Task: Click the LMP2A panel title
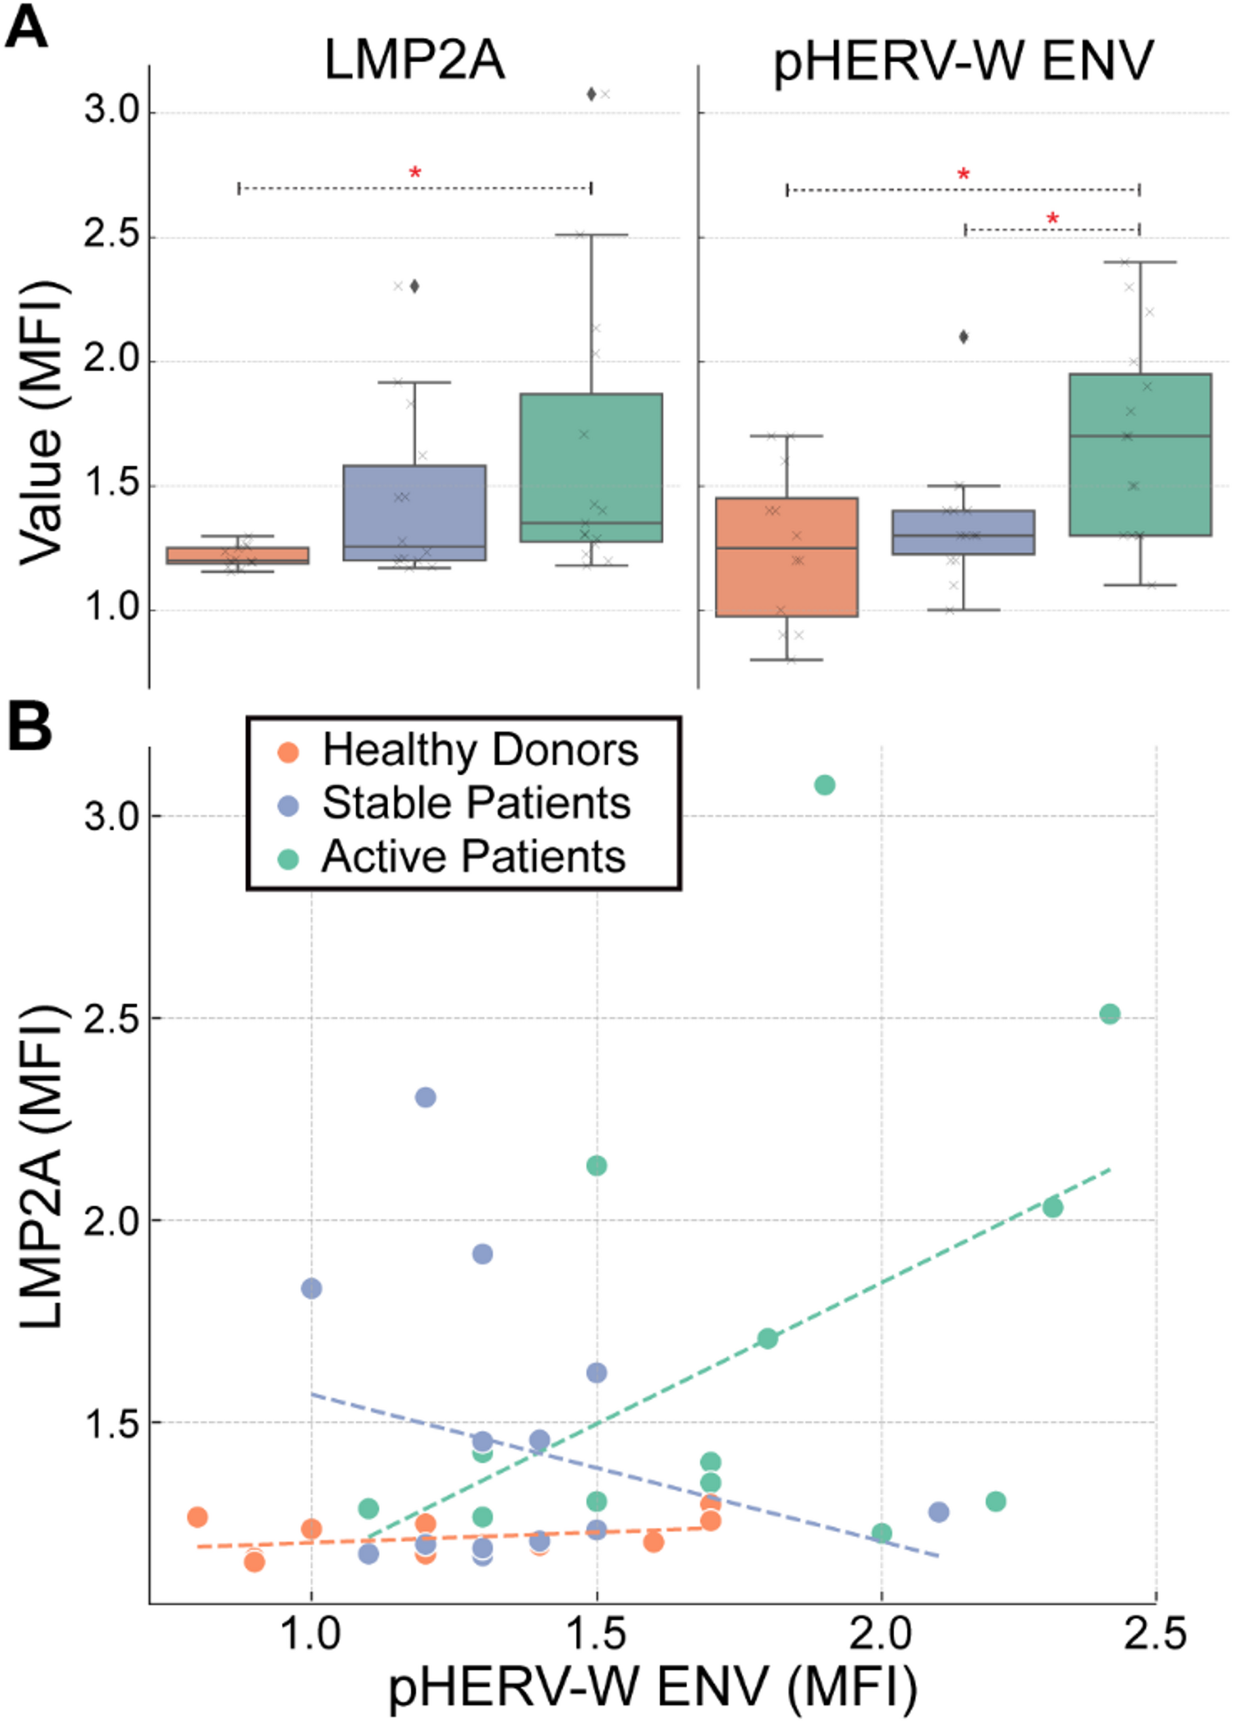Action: point(414,61)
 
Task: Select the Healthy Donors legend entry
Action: point(480,750)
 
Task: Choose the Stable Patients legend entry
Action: point(475,803)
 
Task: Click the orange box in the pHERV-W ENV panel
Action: point(787,557)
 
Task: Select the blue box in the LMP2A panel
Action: point(414,513)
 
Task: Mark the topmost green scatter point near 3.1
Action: point(825,784)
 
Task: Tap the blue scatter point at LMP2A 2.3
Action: point(425,1097)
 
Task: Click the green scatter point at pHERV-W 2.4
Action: point(1110,1013)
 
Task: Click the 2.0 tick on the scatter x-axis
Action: point(881,1633)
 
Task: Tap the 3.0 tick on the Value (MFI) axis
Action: point(112,112)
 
